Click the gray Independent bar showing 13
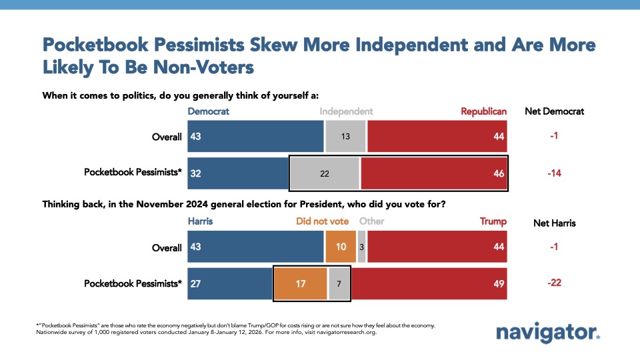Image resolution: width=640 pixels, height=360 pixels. [x=345, y=137]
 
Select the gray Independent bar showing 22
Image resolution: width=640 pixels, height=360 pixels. [x=325, y=173]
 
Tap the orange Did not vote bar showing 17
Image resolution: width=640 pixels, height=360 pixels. [x=300, y=283]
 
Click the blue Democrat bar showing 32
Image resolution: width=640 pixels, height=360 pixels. [x=237, y=173]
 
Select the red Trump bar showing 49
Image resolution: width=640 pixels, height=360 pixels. [x=429, y=283]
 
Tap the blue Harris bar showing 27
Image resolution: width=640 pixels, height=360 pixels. [x=230, y=283]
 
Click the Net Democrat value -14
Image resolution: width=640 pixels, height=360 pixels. [x=555, y=173]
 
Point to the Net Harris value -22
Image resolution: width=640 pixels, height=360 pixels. [x=555, y=283]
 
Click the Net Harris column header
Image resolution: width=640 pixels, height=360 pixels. [x=555, y=222]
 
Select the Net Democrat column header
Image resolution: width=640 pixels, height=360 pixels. [x=555, y=111]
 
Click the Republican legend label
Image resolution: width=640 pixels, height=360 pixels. [x=484, y=111]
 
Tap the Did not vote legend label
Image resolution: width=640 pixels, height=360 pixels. [x=323, y=221]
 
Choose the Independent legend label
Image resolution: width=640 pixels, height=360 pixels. [x=346, y=111]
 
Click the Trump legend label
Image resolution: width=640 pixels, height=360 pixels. [x=493, y=221]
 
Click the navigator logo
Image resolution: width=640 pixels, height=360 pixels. [x=549, y=333]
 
